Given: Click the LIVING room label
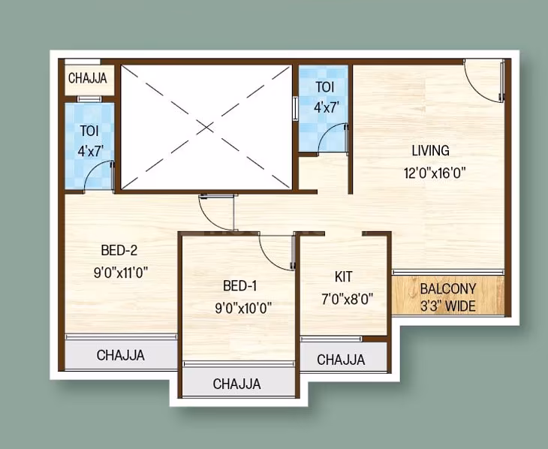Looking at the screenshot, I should click(x=430, y=150).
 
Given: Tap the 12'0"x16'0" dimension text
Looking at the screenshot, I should click(x=435, y=173).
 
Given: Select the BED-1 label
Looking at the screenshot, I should click(x=240, y=285).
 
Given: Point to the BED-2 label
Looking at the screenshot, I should click(x=119, y=251).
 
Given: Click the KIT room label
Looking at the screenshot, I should click(x=343, y=277).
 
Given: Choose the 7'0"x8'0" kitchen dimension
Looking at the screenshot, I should click(x=343, y=299).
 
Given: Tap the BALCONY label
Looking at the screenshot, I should click(x=448, y=289).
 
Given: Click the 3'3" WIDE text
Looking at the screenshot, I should click(x=448, y=306).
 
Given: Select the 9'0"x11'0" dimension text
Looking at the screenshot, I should click(x=121, y=273).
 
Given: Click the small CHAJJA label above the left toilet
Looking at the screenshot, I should click(x=88, y=78).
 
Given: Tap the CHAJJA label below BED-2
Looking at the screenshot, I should click(x=121, y=355).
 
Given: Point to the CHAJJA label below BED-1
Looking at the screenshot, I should click(x=236, y=384).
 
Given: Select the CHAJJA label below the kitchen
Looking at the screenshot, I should click(x=341, y=360).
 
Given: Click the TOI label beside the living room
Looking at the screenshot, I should click(x=325, y=86).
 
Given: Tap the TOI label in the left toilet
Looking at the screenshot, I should click(x=89, y=131).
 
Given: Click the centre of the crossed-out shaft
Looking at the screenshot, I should click(x=206, y=126).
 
